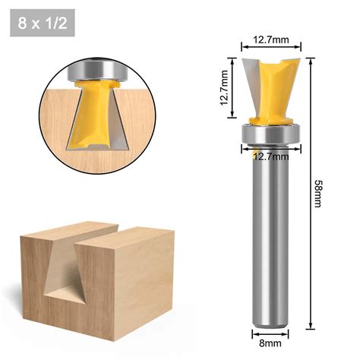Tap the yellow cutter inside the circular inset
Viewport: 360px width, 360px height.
point(95,114)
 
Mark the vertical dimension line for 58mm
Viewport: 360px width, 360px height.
point(310,190)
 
